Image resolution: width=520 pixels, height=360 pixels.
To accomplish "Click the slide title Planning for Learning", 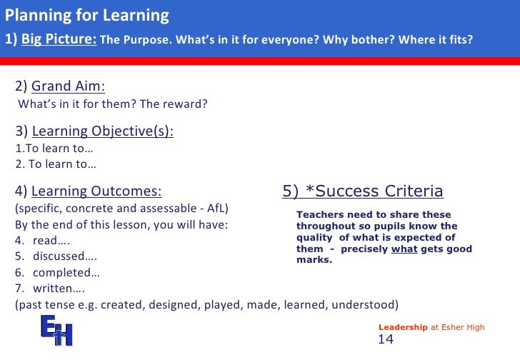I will pyautogui.click(x=87, y=15).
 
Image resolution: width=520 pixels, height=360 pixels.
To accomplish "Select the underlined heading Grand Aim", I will pyautogui.click(x=68, y=86).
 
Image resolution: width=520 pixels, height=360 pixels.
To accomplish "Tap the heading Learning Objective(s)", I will pyautogui.click(x=103, y=131).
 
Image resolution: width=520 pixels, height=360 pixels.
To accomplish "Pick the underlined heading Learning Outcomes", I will pyautogui.click(x=96, y=191).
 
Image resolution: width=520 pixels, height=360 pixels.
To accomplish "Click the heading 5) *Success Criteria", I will pyautogui.click(x=362, y=191).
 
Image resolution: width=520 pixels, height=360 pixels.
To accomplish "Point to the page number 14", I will pyautogui.click(x=386, y=340).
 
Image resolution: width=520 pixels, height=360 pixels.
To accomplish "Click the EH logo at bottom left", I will pyautogui.click(x=56, y=331).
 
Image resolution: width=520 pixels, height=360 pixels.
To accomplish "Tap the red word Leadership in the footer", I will pyautogui.click(x=402, y=327).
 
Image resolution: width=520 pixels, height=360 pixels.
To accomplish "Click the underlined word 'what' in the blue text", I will pyautogui.click(x=404, y=249).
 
